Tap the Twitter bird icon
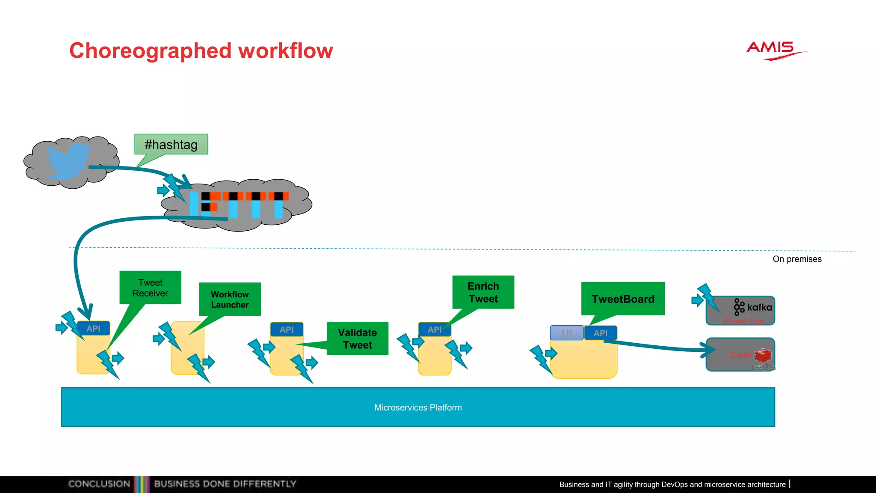click(x=68, y=160)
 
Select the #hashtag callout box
click(x=171, y=145)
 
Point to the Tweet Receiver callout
click(x=150, y=288)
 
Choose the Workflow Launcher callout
click(x=230, y=299)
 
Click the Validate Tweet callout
click(x=357, y=339)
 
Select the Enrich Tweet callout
click(x=483, y=292)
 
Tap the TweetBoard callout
click(x=623, y=299)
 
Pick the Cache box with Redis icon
click(x=740, y=355)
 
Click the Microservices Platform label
click(x=418, y=407)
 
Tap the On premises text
click(x=797, y=259)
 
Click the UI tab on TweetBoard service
click(x=566, y=333)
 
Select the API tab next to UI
click(x=601, y=333)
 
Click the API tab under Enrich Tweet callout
click(x=435, y=330)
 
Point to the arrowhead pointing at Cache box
click(x=710, y=350)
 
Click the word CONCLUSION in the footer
click(x=99, y=484)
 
